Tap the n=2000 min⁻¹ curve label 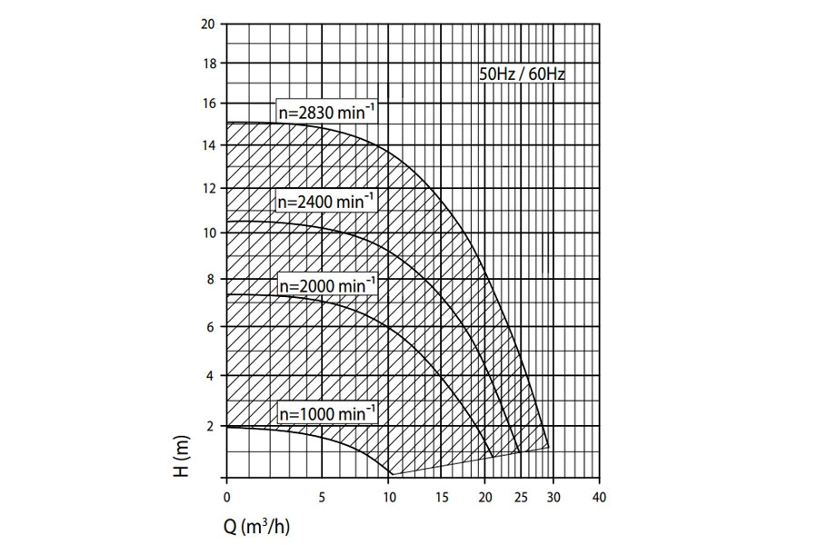click(326, 284)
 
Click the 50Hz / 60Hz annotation click(523, 74)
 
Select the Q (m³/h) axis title click(260, 524)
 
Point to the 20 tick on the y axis click(208, 24)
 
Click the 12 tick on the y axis click(208, 189)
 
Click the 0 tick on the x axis click(226, 497)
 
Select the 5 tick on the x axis click(322, 497)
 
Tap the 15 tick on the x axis click(443, 497)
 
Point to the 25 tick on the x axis click(521, 497)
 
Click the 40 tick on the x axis click(597, 497)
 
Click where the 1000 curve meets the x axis click(389, 475)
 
